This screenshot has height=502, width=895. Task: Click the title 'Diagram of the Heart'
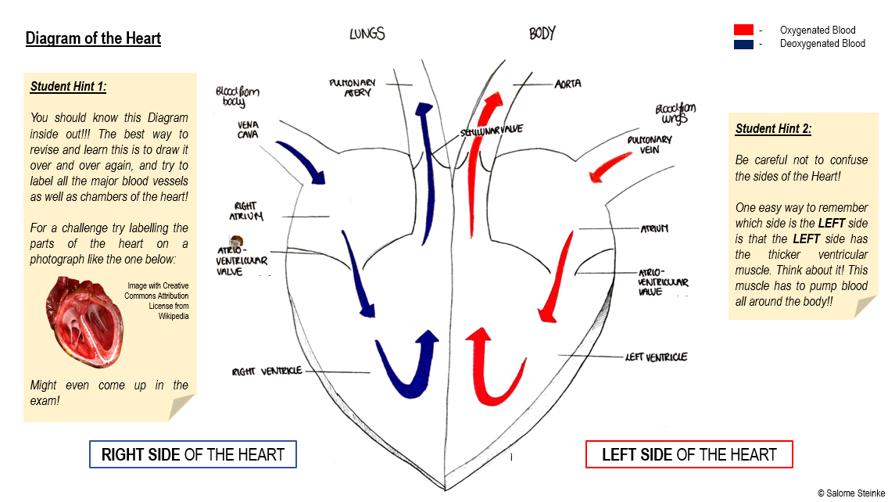tap(93, 38)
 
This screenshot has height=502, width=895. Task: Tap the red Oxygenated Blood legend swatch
tap(743, 30)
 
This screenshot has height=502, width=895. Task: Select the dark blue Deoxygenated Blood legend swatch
tap(743, 44)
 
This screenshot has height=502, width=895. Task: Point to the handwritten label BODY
tap(542, 34)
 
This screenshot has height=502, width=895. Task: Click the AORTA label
tap(567, 84)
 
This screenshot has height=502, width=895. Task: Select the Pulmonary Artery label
tap(353, 87)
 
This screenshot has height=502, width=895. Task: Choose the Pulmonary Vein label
tap(649, 144)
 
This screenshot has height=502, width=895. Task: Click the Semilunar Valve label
tap(492, 130)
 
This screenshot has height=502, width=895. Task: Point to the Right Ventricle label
tap(267, 371)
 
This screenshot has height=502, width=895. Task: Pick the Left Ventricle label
tap(656, 357)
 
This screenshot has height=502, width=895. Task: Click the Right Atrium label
tap(245, 211)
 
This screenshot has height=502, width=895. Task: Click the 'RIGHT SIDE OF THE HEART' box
tap(193, 454)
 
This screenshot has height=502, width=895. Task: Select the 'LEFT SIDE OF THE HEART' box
tap(689, 454)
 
